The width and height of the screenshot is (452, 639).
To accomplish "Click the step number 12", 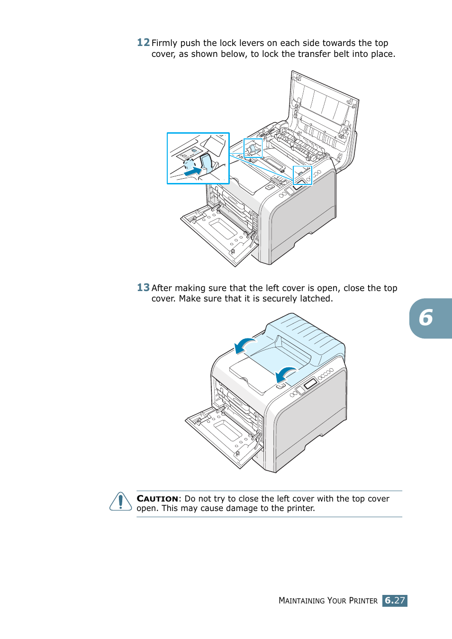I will click(143, 43).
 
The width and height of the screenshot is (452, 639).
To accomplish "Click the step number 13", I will click(143, 288).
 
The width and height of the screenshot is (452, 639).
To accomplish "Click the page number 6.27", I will click(395, 601).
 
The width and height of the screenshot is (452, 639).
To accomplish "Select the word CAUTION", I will click(157, 499).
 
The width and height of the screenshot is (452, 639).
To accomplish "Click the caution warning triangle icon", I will click(121, 502).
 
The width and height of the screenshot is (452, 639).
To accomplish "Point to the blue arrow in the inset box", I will click(192, 171).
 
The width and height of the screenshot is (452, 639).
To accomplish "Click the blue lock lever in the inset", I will click(206, 162).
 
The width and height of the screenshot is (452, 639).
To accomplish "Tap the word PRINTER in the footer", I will click(363, 601).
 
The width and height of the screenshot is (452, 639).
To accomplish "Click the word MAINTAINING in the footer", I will click(302, 601).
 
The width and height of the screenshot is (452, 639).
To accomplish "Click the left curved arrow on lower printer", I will click(245, 345).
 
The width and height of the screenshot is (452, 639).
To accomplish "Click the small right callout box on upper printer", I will click(302, 175).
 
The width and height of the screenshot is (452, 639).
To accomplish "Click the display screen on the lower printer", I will click(310, 383).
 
